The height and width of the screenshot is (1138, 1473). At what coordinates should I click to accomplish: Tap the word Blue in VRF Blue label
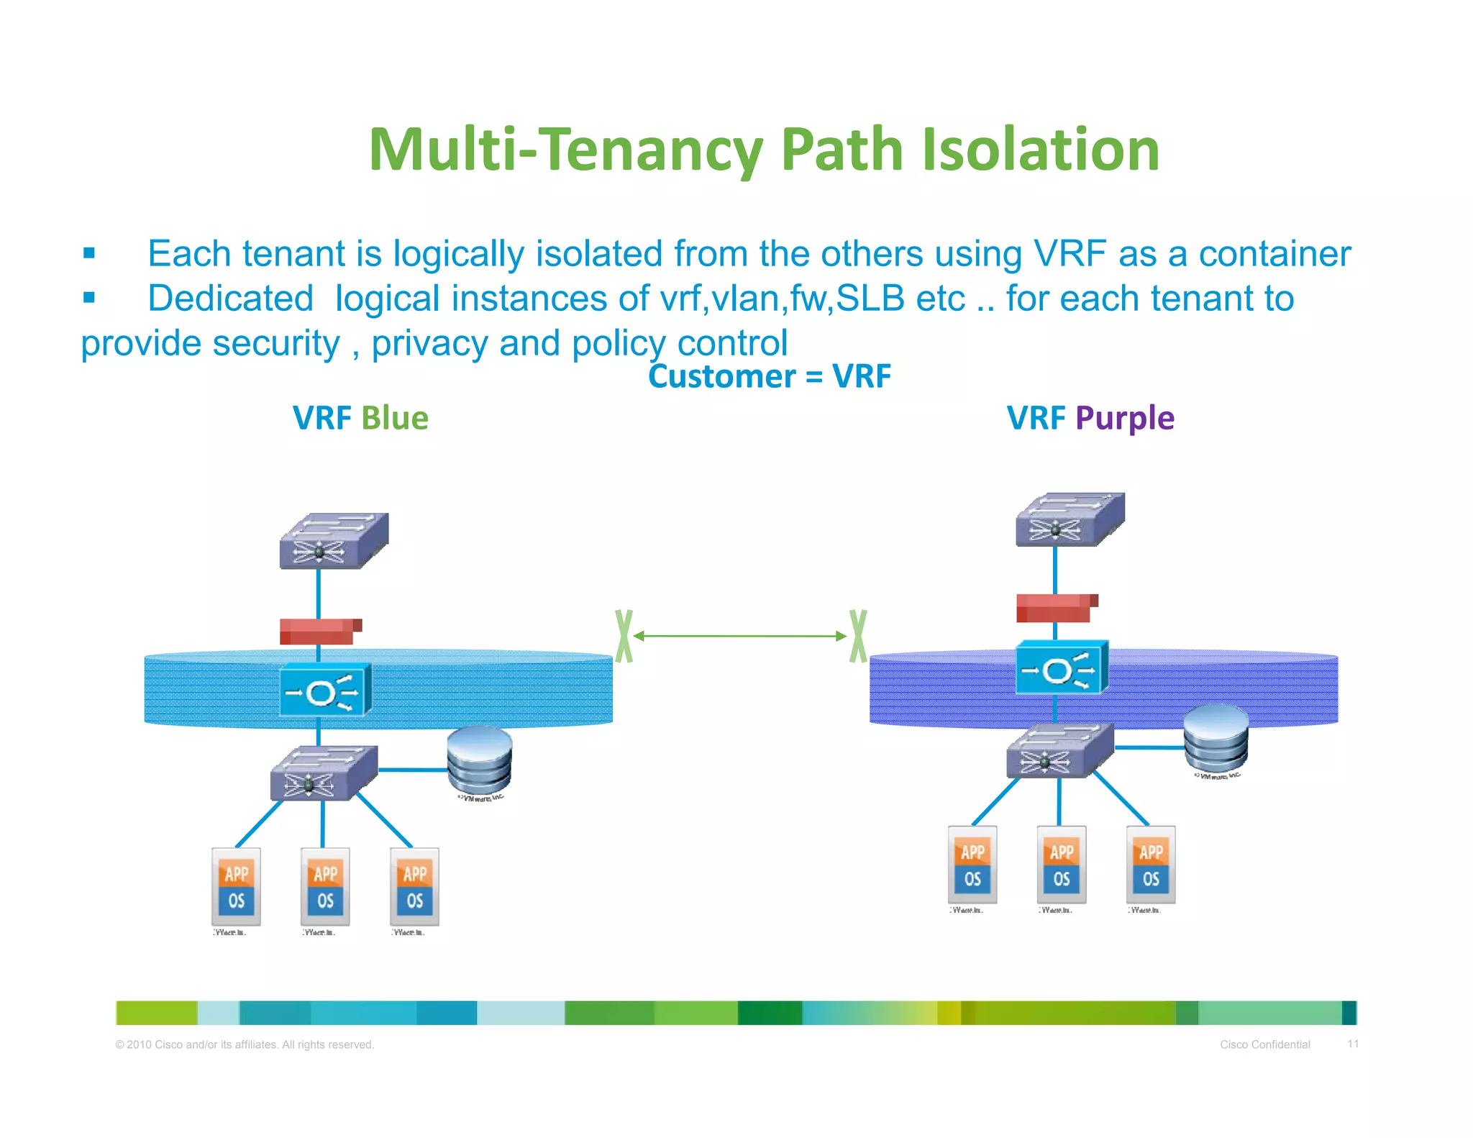(x=394, y=418)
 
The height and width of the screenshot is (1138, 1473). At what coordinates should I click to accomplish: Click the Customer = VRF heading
(x=769, y=376)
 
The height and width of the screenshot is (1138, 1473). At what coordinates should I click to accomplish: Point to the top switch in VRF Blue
(x=334, y=541)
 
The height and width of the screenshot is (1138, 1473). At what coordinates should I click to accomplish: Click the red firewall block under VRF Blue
(x=320, y=631)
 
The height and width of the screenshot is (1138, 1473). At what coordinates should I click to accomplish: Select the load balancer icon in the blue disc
(x=325, y=690)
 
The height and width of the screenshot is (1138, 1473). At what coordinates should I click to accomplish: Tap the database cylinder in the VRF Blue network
(x=479, y=760)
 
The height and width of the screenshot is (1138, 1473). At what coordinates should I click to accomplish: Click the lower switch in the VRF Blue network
(x=324, y=773)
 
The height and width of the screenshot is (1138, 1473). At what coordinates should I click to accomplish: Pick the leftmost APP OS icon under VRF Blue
(x=236, y=887)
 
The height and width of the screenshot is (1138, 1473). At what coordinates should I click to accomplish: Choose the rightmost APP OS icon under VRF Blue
(x=414, y=887)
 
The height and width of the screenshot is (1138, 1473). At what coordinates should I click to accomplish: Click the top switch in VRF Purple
(x=1070, y=519)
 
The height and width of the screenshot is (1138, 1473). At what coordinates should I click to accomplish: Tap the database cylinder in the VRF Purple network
(x=1216, y=738)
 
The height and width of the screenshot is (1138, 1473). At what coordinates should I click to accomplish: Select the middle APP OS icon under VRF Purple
(x=1062, y=865)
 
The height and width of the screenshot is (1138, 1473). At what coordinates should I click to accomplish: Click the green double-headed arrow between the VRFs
(x=740, y=636)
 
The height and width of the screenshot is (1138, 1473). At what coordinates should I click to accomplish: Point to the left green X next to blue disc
(x=624, y=636)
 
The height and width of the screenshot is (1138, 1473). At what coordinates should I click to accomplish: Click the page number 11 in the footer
(x=1352, y=1044)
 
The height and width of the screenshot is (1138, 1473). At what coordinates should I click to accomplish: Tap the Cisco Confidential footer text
(x=1264, y=1044)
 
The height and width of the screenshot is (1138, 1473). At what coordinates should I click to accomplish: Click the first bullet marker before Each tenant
(x=89, y=253)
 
